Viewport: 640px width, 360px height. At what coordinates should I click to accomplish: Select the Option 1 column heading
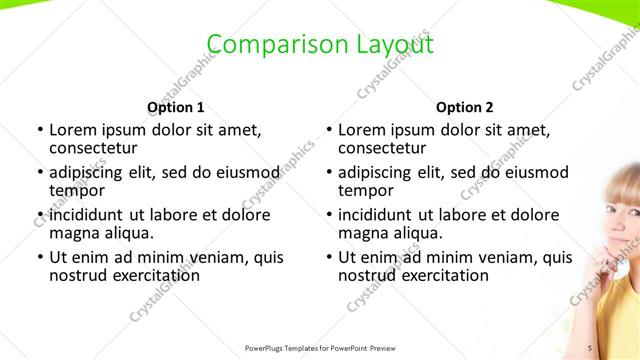[x=176, y=107]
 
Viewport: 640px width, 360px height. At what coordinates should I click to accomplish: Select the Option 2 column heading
[x=465, y=107]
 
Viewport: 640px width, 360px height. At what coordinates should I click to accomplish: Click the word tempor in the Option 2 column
[x=365, y=190]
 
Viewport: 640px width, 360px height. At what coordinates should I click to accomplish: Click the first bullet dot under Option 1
[x=39, y=130]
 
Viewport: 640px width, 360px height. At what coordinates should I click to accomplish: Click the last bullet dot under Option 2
[x=328, y=257]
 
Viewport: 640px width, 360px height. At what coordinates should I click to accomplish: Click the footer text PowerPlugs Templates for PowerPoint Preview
[x=321, y=348]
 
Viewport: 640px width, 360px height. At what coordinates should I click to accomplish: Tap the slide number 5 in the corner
[x=590, y=347]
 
